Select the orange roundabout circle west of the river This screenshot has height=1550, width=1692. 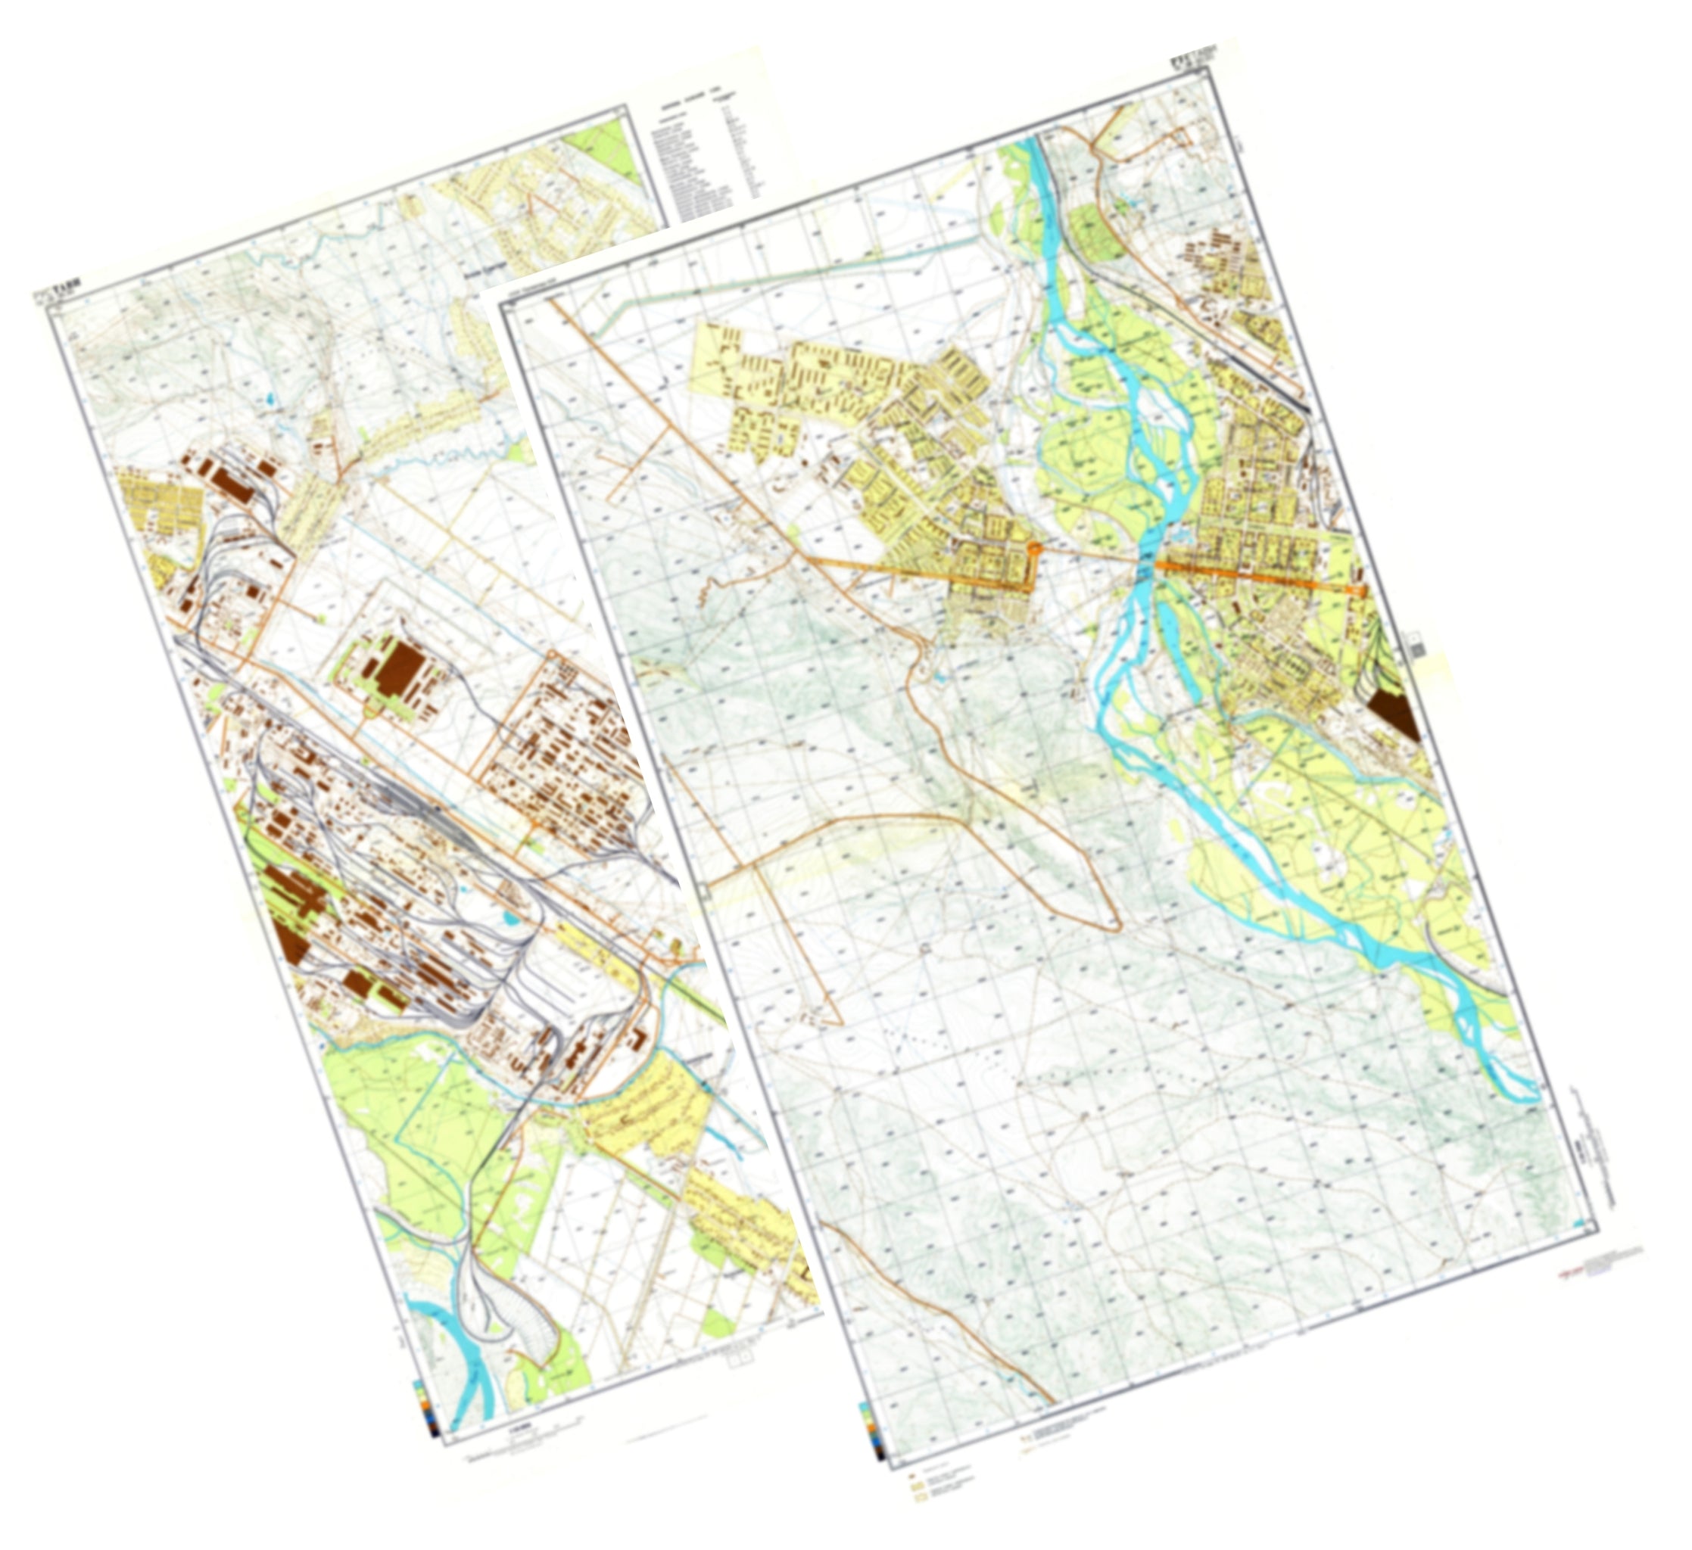click(x=1035, y=548)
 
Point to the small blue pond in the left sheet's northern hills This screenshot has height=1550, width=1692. click(x=269, y=398)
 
